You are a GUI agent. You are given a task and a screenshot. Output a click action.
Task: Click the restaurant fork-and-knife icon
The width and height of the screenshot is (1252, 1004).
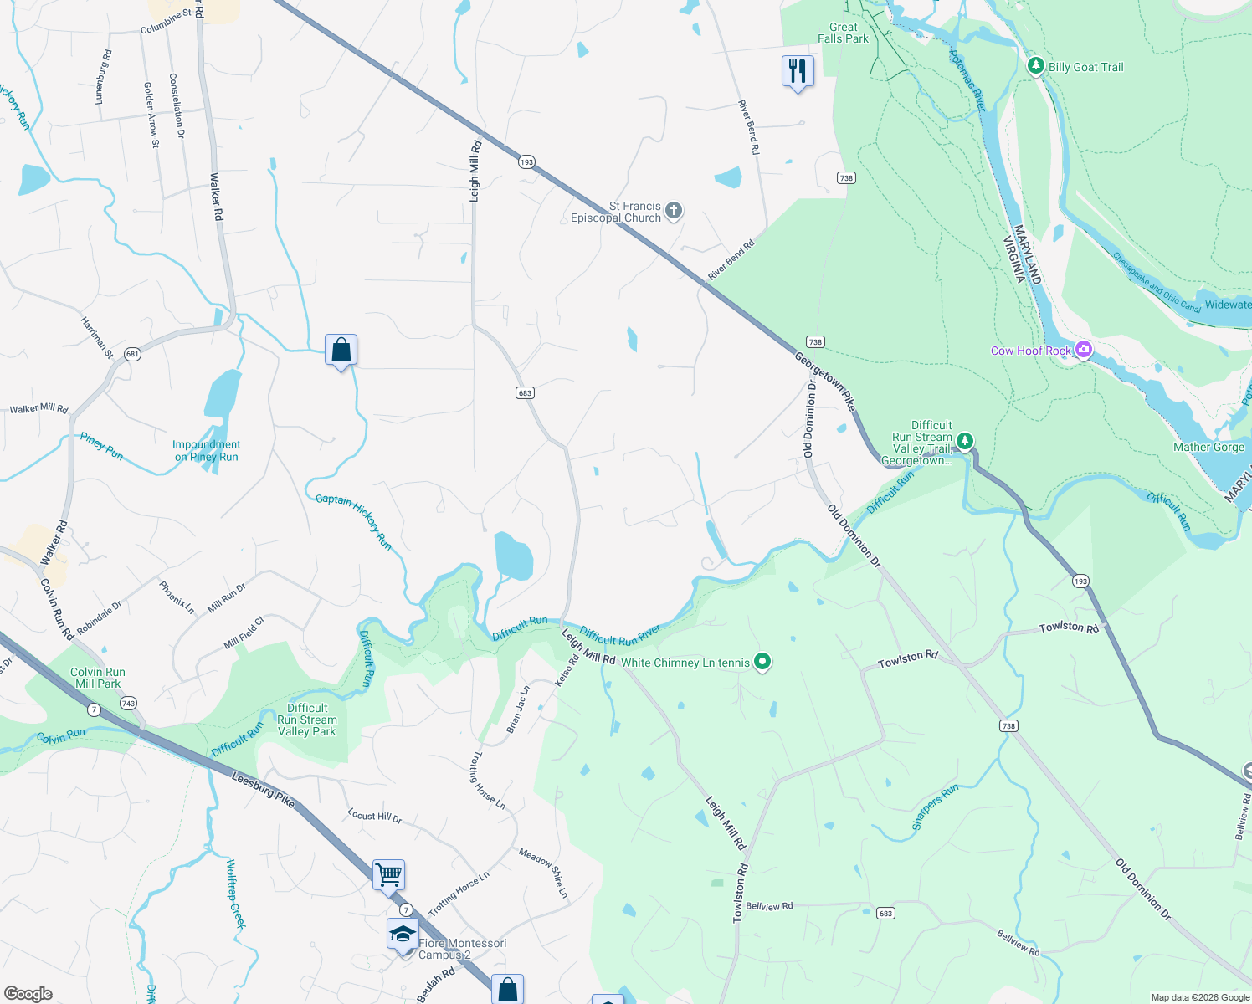[x=798, y=71]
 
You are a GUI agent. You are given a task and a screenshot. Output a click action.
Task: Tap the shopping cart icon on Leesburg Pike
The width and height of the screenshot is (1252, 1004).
[x=388, y=875]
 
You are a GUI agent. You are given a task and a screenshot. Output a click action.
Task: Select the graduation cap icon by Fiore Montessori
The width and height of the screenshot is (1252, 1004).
[x=403, y=934]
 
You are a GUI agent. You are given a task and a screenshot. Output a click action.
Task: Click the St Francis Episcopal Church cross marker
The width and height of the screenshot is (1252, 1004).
[x=674, y=212]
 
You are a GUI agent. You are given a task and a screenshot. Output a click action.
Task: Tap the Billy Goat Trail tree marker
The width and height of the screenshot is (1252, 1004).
[x=1035, y=66]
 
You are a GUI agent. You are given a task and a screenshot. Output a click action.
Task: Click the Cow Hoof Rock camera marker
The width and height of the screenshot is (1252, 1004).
[x=1084, y=350]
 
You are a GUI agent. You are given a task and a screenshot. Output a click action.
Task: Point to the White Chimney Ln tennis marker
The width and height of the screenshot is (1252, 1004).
[x=762, y=663]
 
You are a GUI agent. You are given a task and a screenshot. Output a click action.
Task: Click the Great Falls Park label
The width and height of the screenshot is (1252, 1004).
[x=843, y=33]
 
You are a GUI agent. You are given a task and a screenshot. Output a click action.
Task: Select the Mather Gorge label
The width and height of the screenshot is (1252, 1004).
[x=1208, y=447]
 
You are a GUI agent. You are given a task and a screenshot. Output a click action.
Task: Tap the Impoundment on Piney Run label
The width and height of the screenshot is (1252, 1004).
[x=206, y=451]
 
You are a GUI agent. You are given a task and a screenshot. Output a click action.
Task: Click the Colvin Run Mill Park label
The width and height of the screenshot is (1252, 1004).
[x=98, y=678]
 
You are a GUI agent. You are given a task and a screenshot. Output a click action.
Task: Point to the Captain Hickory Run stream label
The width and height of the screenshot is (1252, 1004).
[x=354, y=520]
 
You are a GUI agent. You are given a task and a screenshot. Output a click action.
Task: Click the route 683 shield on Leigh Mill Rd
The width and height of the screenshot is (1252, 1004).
[x=525, y=392]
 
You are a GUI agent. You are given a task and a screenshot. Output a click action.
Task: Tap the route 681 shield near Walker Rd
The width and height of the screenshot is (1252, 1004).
[x=132, y=354]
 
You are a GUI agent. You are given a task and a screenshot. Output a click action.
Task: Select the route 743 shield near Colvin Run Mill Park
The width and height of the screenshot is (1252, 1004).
[x=128, y=704]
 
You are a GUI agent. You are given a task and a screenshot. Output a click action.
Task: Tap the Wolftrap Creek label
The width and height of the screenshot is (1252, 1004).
[x=236, y=894]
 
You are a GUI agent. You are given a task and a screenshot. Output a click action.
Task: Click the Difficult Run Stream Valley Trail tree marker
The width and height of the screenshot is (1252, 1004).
[x=965, y=440]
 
